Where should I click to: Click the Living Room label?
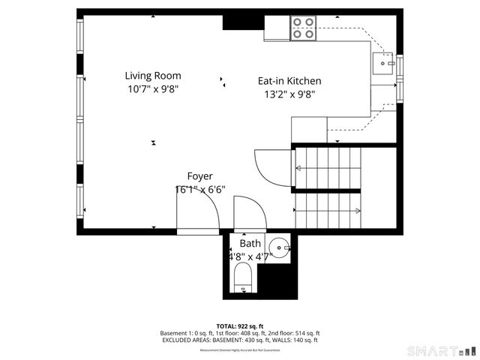(152, 76)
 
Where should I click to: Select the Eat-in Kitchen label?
(289, 81)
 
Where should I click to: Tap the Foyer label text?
(199, 176)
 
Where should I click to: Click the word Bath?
(250, 244)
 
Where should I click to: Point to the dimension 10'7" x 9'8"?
(152, 88)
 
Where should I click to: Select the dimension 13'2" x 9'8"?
(289, 94)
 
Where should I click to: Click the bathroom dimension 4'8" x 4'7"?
(250, 256)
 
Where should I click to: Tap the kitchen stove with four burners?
(303, 28)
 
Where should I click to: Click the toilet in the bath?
(243, 282)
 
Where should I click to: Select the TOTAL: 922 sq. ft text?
(239, 326)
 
